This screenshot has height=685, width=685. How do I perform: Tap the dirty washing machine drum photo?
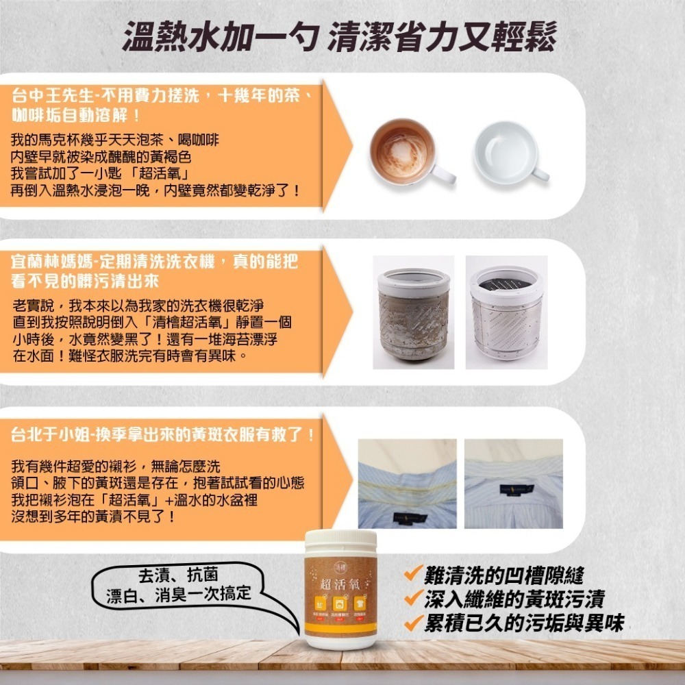coord(414,312)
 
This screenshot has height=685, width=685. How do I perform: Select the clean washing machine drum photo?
coord(506,312)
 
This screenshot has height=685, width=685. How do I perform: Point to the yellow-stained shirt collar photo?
coord(407,483)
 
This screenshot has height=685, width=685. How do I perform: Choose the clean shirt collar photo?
coord(513,483)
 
